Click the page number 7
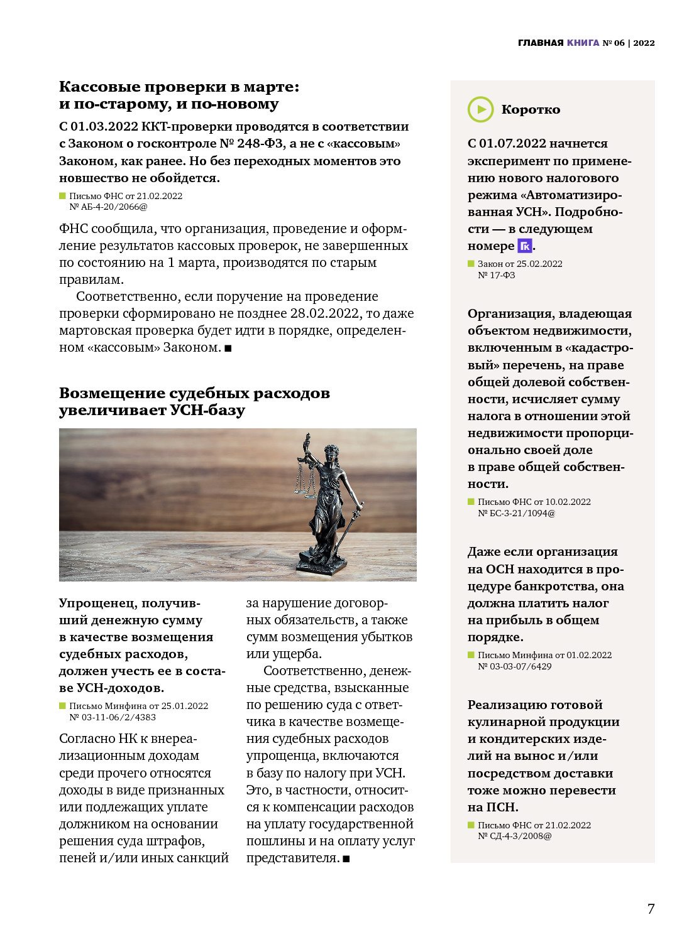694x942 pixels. [x=651, y=909]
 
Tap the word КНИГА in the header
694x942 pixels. [x=583, y=43]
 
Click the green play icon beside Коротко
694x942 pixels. [x=481, y=110]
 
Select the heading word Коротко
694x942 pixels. [x=531, y=110]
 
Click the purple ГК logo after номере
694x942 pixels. [x=524, y=246]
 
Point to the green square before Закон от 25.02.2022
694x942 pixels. [x=471, y=264]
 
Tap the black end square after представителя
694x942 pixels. [x=346, y=858]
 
